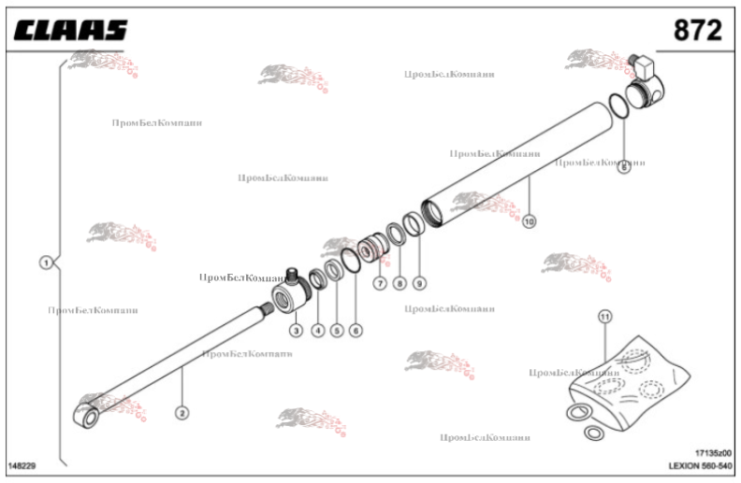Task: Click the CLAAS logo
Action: point(70,32)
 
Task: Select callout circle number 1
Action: point(45,263)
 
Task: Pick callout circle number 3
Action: point(295,330)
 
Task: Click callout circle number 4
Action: point(317,330)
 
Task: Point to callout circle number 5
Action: point(336,330)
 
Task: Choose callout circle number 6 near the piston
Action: point(356,330)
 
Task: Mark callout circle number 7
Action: point(380,282)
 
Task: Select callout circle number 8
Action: point(400,282)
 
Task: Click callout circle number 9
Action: point(419,282)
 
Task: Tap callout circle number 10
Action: point(530,221)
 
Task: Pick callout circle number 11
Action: point(604,317)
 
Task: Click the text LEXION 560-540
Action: point(700,464)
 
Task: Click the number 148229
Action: point(22,464)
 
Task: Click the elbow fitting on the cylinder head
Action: point(645,64)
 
